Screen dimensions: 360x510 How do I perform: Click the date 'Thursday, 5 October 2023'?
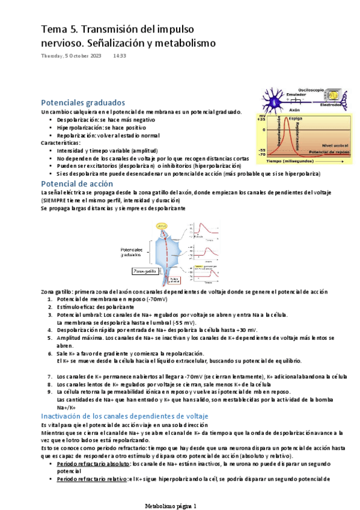click(x=71, y=56)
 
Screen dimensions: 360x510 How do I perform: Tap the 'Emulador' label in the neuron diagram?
click(x=296, y=94)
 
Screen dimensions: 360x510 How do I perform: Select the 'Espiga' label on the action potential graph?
click(x=296, y=119)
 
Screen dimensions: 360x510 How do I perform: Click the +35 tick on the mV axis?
click(x=261, y=119)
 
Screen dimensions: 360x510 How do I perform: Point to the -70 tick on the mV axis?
click(x=261, y=155)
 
